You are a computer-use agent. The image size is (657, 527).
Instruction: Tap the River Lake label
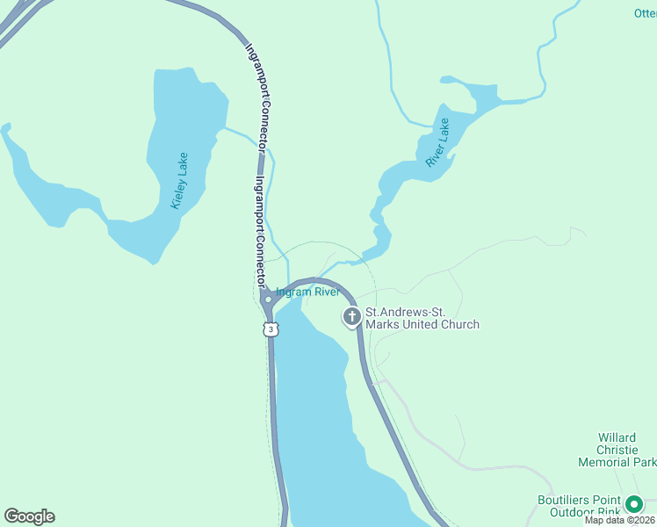(x=437, y=142)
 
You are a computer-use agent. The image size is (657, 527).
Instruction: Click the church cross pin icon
(x=352, y=317)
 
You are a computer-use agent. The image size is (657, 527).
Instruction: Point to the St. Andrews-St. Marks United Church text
(x=422, y=318)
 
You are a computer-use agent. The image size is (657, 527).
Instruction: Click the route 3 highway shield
(x=271, y=328)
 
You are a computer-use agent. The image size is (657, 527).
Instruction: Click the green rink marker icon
(x=634, y=505)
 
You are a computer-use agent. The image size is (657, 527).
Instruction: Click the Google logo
(x=29, y=516)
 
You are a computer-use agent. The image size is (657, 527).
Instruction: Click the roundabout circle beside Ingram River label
(x=268, y=300)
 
